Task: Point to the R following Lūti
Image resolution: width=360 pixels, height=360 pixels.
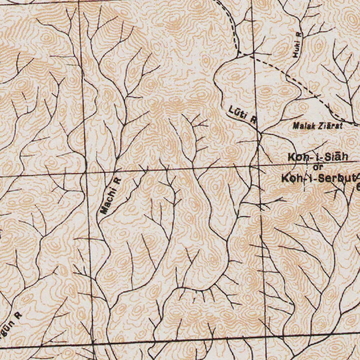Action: (x=253, y=120)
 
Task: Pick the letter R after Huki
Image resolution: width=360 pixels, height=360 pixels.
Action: (x=299, y=35)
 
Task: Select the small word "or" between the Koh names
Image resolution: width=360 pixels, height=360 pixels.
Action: (x=318, y=167)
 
